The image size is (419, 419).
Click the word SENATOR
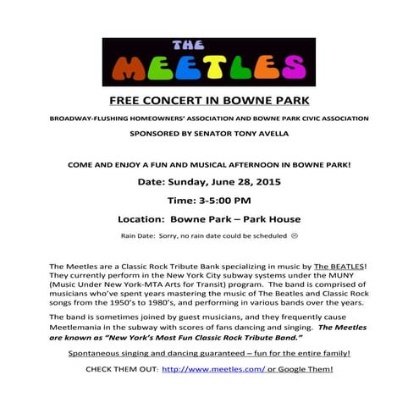click(196, 133)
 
